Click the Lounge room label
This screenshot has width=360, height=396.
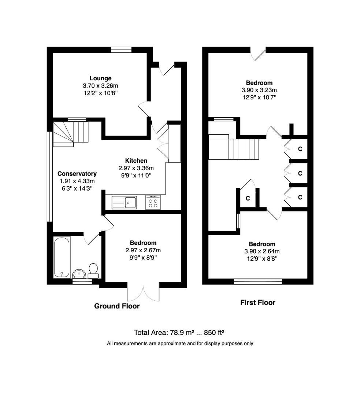(x=100, y=78)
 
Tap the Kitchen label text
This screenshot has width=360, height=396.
(x=136, y=161)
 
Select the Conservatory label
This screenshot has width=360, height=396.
(x=77, y=174)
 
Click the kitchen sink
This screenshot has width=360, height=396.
(x=125, y=202)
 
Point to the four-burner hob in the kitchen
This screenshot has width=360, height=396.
(x=153, y=202)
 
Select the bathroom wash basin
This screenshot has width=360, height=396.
(x=79, y=273)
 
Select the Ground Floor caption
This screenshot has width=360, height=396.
(x=117, y=306)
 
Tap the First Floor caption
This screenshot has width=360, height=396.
(x=257, y=302)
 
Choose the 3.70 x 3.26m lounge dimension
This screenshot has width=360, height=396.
(x=100, y=85)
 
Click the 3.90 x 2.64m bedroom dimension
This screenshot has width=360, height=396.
(x=261, y=252)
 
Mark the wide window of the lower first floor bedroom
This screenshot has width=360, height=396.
(x=258, y=281)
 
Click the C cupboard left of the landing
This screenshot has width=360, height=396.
(x=248, y=198)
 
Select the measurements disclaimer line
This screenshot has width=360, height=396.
(x=180, y=344)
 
